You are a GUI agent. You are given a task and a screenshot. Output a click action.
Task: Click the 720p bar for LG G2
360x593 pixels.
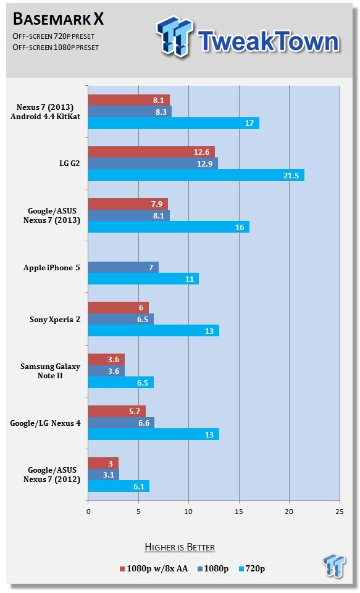(x=196, y=175)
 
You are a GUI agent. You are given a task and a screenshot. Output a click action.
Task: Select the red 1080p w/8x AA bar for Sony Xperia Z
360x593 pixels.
(x=119, y=307)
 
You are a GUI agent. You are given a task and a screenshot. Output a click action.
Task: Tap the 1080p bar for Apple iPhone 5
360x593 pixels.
(x=123, y=267)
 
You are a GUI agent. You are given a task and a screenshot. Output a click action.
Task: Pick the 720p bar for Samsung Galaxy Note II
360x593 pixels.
(x=121, y=383)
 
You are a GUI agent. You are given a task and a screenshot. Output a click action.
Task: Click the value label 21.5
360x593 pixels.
(x=291, y=175)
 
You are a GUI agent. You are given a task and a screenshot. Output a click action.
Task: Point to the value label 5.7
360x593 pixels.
(x=135, y=412)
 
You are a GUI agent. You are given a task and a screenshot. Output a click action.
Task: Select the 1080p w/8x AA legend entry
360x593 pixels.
(x=154, y=568)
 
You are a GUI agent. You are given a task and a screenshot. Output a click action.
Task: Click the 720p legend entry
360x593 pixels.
(x=252, y=568)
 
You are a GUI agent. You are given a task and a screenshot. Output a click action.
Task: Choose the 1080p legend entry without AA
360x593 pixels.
(x=213, y=568)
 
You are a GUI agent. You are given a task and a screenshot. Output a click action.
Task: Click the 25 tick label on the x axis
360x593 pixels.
(x=340, y=512)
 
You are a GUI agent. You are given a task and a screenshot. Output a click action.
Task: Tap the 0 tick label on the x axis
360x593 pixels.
(x=88, y=512)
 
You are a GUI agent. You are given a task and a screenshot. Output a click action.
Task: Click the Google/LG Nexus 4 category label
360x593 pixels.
(x=45, y=423)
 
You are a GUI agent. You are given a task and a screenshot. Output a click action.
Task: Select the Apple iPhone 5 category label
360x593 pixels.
(x=51, y=268)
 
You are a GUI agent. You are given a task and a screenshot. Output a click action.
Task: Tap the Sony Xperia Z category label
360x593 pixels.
(x=55, y=320)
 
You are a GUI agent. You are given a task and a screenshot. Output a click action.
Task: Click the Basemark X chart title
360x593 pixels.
(x=58, y=19)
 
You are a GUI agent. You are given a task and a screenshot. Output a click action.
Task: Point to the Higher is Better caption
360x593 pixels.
(x=180, y=547)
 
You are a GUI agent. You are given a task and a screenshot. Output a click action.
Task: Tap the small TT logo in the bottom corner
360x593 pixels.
(x=334, y=566)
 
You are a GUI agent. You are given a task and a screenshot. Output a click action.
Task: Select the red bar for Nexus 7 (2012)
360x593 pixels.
(x=103, y=463)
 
